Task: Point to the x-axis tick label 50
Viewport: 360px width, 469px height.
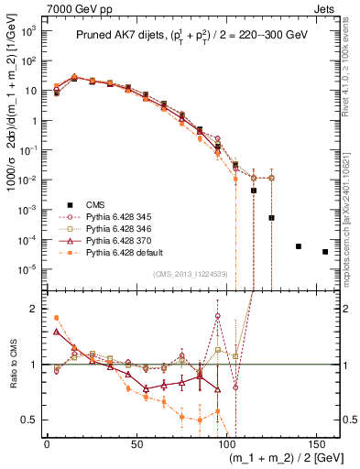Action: pos(136,442)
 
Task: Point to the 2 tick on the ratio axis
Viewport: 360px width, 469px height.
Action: pos(36,309)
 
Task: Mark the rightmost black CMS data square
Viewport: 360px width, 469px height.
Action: pos(325,252)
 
